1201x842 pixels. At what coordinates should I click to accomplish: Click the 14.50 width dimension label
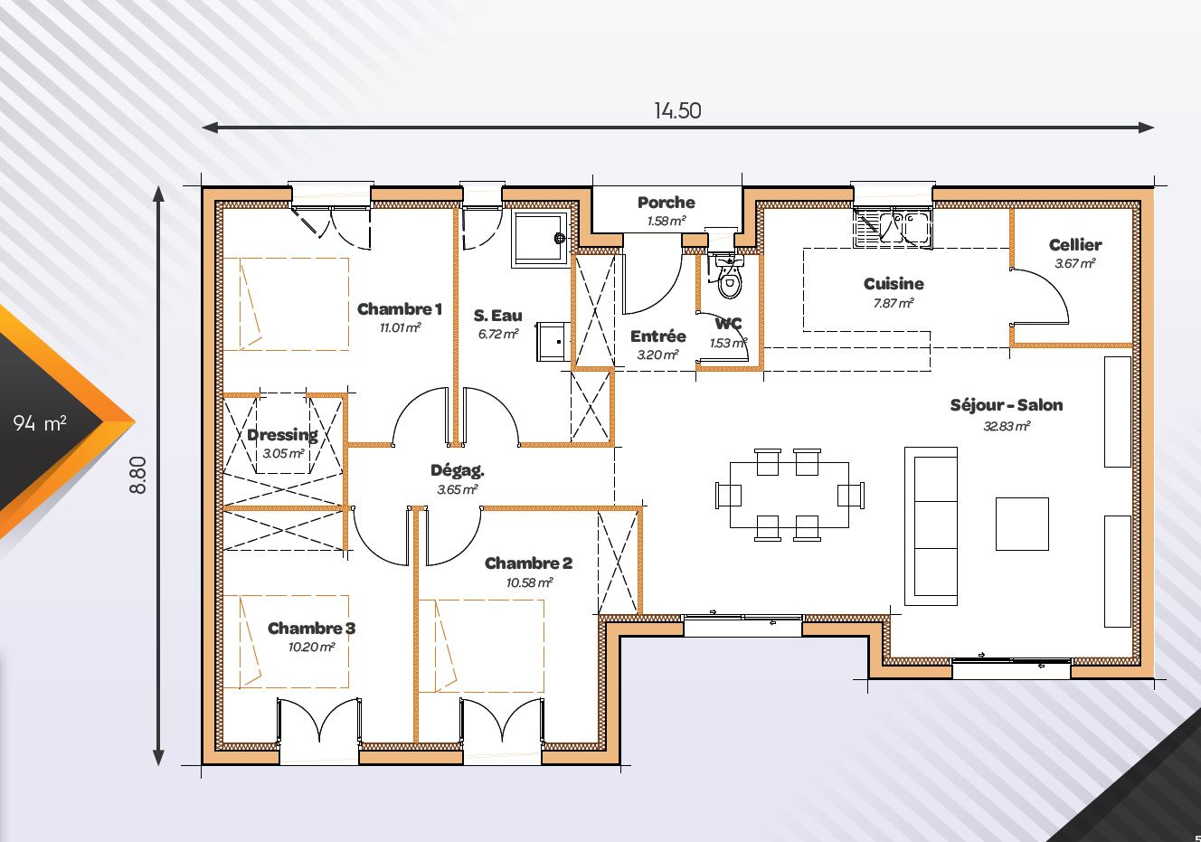click(677, 110)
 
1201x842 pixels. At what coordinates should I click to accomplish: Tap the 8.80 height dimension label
click(137, 474)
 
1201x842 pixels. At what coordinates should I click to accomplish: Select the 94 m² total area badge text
click(40, 422)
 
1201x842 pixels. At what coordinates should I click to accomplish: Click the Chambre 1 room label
click(399, 309)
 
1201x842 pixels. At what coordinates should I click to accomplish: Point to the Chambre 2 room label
click(528, 563)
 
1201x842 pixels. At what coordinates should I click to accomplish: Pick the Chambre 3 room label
click(311, 629)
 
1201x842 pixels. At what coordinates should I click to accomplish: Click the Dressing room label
click(282, 435)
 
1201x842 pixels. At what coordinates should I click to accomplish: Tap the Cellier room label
click(1075, 245)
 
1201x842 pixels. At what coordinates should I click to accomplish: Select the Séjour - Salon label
click(1006, 405)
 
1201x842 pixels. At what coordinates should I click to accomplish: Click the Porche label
click(666, 203)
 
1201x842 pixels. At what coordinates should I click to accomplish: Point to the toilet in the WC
click(728, 279)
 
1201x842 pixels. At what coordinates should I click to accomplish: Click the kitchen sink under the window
click(893, 226)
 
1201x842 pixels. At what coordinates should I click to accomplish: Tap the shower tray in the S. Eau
click(540, 238)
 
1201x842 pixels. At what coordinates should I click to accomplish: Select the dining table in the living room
click(789, 495)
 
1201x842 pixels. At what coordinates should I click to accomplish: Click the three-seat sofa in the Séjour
click(931, 525)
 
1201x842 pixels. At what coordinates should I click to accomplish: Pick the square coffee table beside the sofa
click(1022, 523)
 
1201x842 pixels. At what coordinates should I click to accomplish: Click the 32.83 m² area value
click(1007, 426)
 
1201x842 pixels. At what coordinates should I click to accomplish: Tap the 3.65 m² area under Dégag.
click(457, 490)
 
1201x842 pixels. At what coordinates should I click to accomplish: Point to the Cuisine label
click(894, 284)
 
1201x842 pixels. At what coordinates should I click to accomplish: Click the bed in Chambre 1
click(294, 304)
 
